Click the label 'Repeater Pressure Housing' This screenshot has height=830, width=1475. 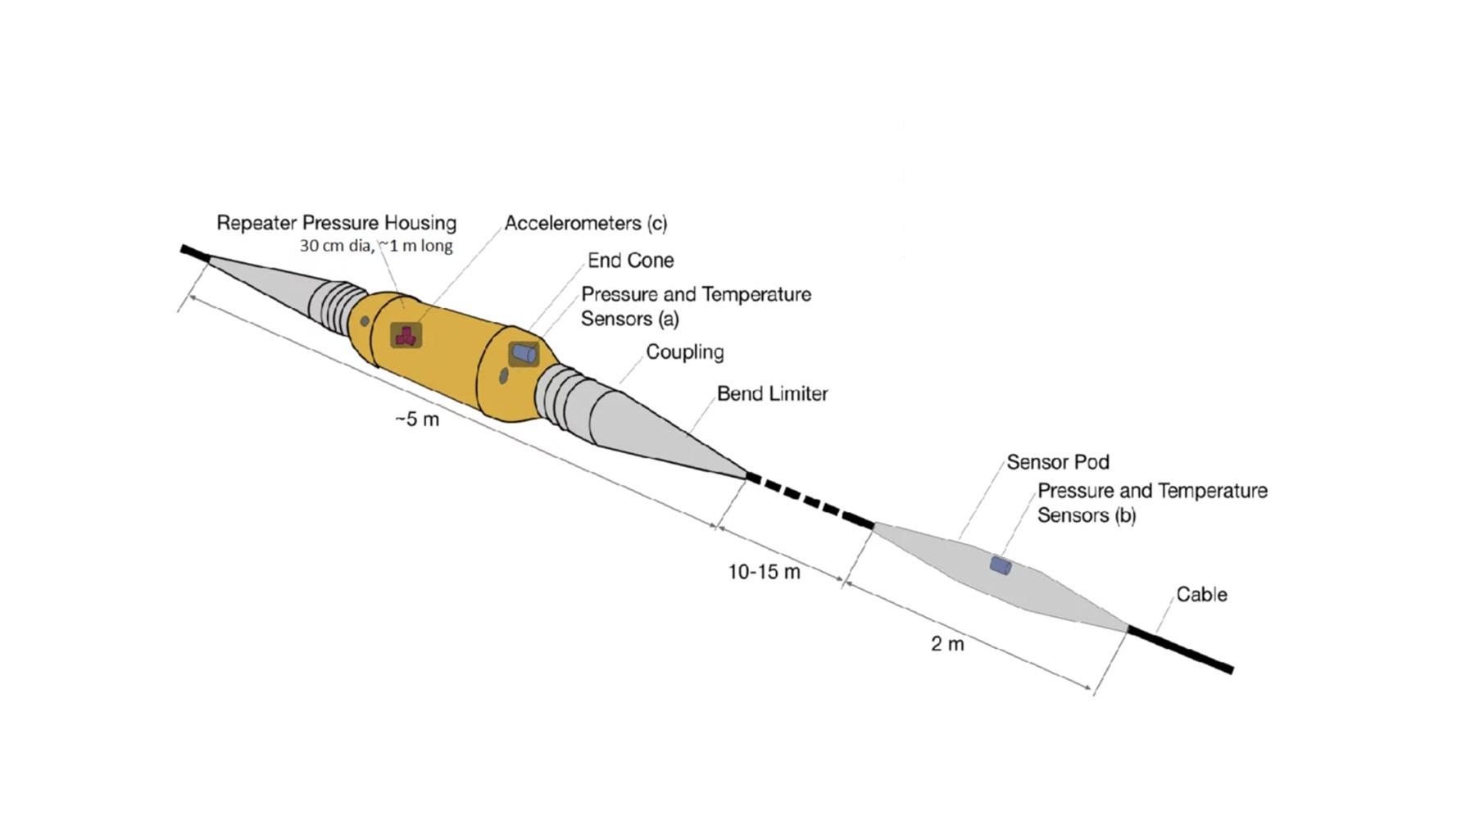[x=336, y=223]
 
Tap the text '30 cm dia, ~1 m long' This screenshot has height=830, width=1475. [x=375, y=245]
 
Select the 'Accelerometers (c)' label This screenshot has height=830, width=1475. [x=585, y=223]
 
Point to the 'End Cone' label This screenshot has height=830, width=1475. [x=630, y=261]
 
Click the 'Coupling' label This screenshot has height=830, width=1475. [x=684, y=352]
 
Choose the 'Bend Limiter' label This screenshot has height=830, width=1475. [x=772, y=393]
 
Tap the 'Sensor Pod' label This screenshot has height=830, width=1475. [x=1057, y=462]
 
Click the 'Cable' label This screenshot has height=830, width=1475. [x=1201, y=594]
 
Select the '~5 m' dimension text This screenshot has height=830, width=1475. [x=417, y=420]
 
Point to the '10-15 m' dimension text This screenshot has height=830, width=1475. [x=764, y=572]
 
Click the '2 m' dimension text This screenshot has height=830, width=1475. [x=947, y=644]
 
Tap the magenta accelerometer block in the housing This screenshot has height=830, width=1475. [x=405, y=335]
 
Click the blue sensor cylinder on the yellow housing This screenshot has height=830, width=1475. [x=524, y=354]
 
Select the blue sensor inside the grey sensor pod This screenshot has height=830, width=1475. [x=1000, y=565]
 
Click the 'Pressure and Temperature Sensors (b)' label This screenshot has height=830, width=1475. [x=1151, y=502]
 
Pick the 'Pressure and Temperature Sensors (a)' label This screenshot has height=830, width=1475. [x=695, y=306]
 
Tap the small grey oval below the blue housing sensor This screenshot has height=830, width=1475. [x=504, y=376]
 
